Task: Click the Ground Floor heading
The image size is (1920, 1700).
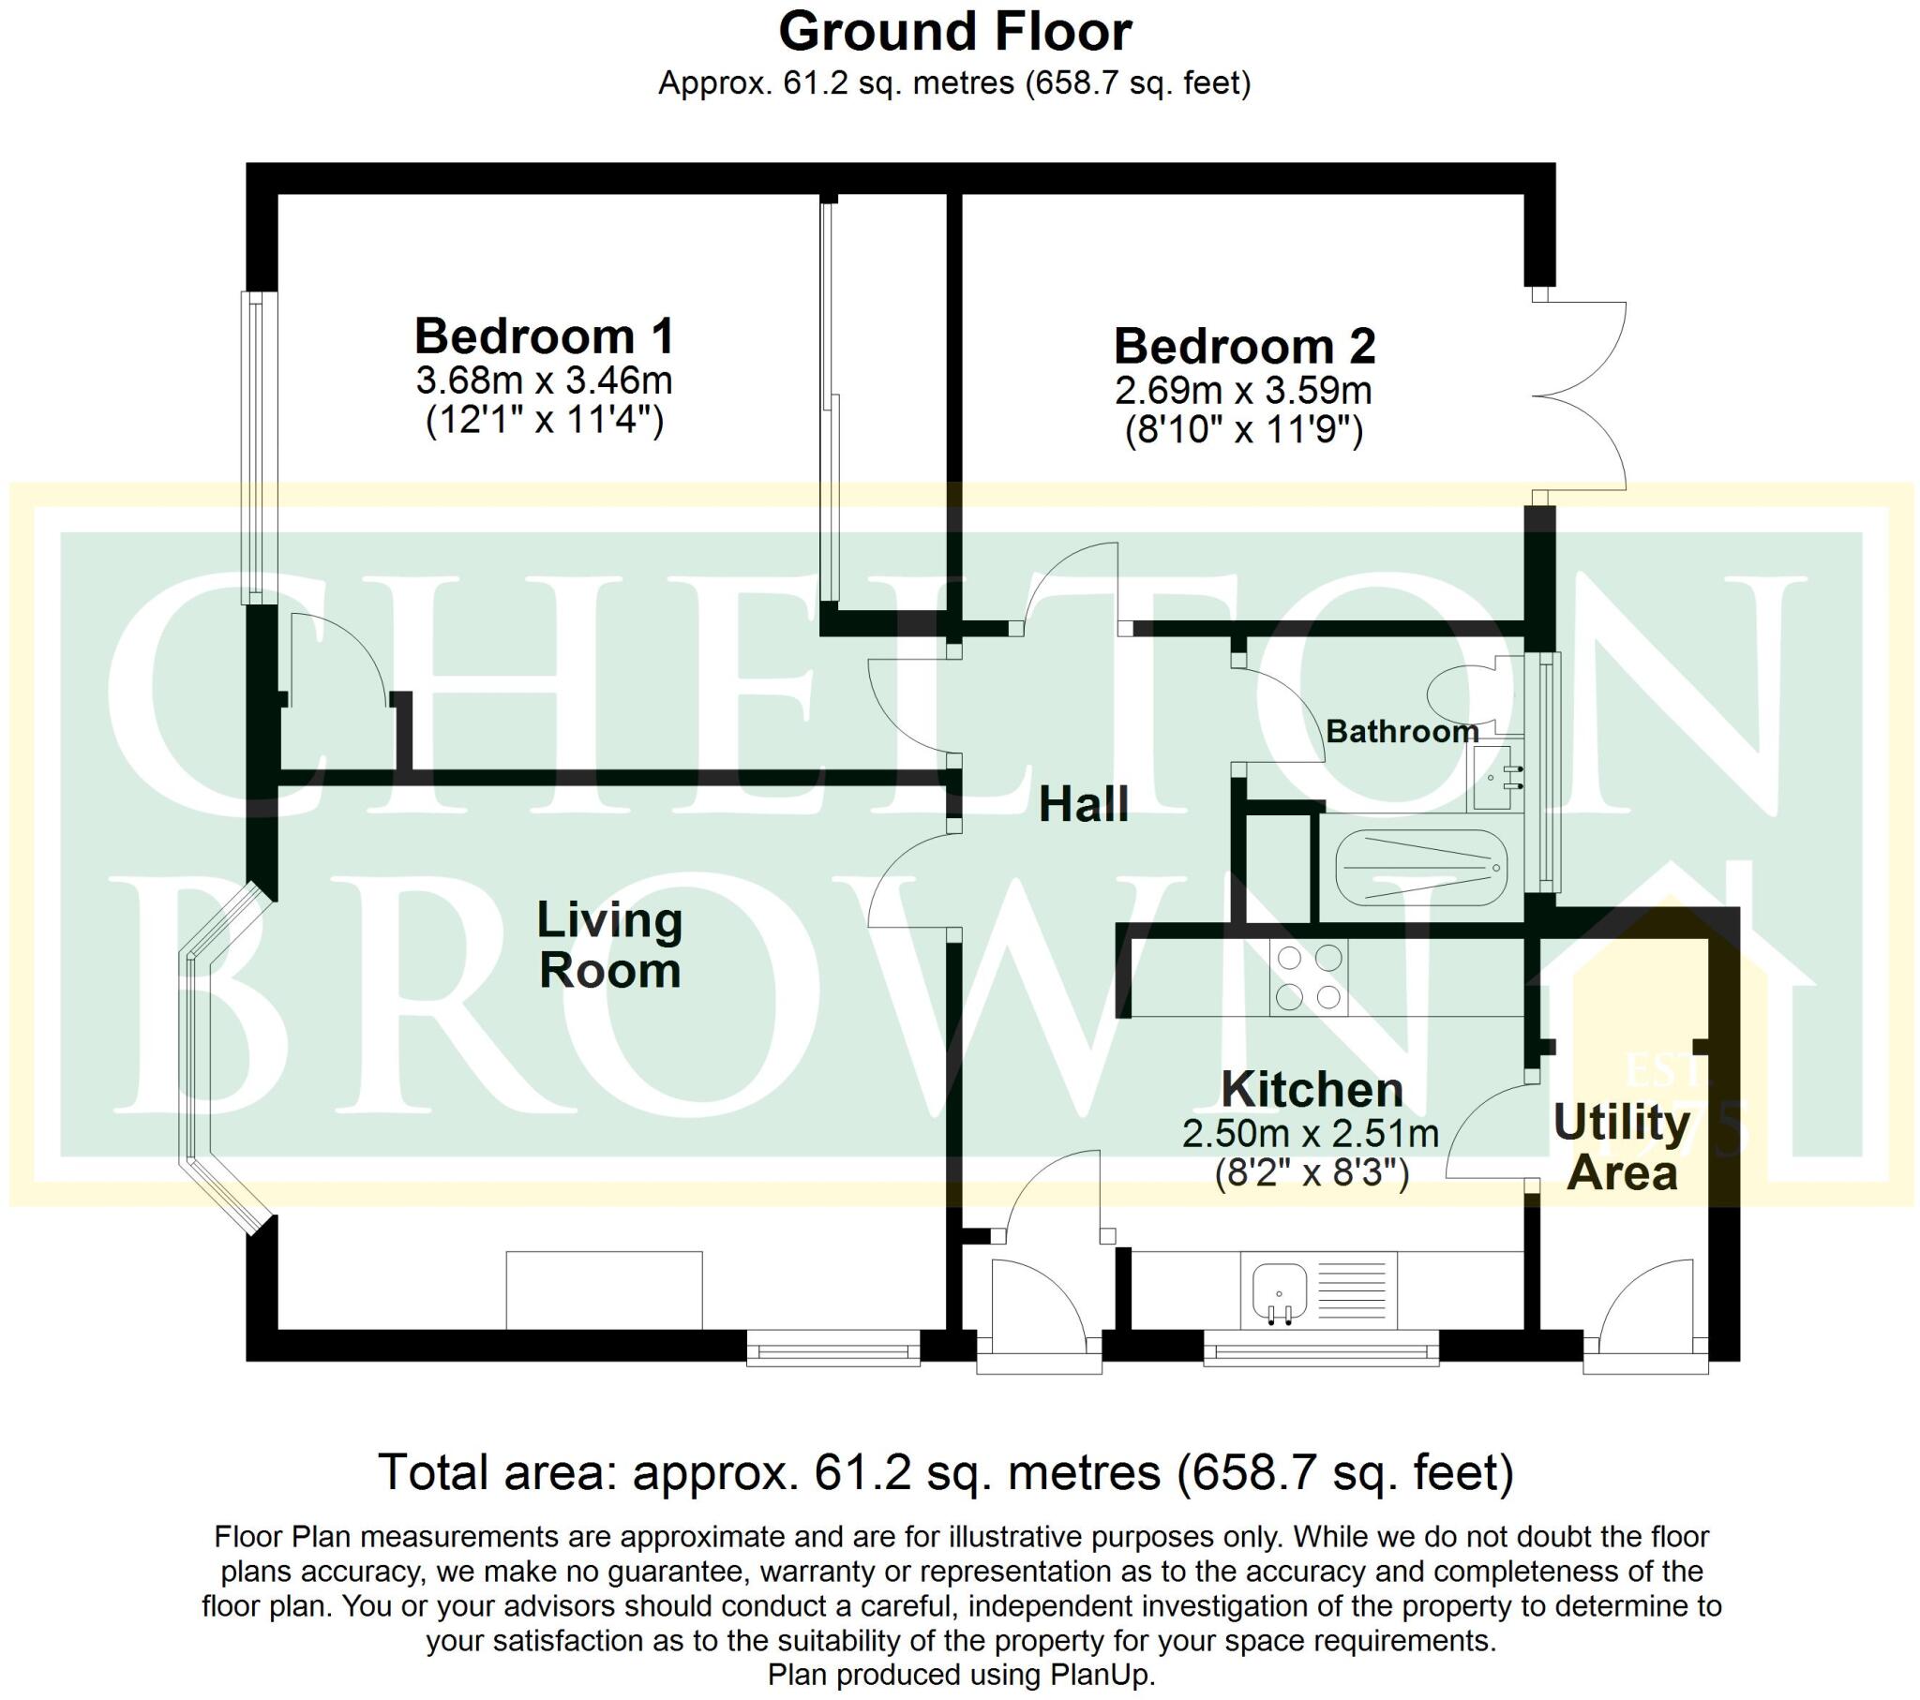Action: pyautogui.click(x=954, y=33)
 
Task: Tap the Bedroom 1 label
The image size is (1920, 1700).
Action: pyautogui.click(x=544, y=336)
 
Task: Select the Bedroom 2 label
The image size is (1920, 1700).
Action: pyautogui.click(x=1244, y=346)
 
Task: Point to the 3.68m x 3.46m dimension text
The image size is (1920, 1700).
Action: pyautogui.click(x=544, y=380)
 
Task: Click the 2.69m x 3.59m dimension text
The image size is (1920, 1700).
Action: pyautogui.click(x=1244, y=390)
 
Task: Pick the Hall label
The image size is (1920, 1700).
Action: pyautogui.click(x=1083, y=805)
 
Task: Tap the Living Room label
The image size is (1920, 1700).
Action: pyautogui.click(x=608, y=945)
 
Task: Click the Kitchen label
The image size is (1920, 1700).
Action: pyautogui.click(x=1312, y=1090)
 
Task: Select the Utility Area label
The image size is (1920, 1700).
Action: pyautogui.click(x=1621, y=1148)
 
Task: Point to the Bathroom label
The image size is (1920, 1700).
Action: pyautogui.click(x=1402, y=731)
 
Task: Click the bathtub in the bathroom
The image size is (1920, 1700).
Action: pyautogui.click(x=1420, y=867)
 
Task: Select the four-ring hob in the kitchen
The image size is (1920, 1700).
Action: pyautogui.click(x=1308, y=977)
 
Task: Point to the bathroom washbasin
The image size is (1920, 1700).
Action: pyautogui.click(x=1498, y=777)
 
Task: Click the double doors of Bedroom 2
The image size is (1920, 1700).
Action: pyautogui.click(x=1582, y=395)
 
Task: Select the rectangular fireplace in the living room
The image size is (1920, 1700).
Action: pyautogui.click(x=604, y=1290)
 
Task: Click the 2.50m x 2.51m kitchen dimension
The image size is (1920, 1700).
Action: pyautogui.click(x=1311, y=1134)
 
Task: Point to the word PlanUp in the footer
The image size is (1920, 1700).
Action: pyautogui.click(x=1102, y=1674)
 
